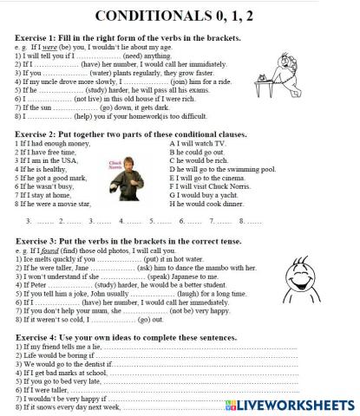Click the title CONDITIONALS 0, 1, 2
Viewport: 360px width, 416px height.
[x=179, y=16]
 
